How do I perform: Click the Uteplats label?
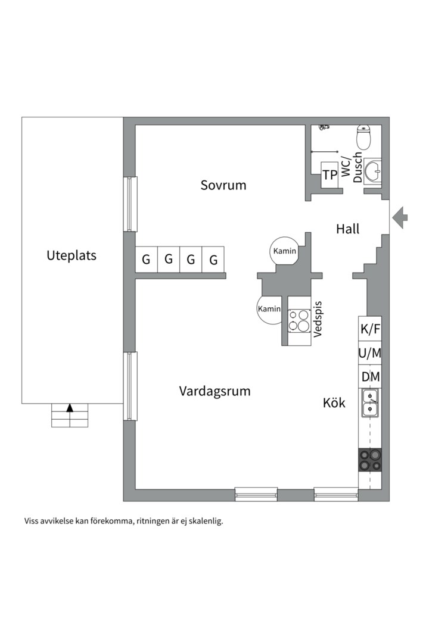point(71,255)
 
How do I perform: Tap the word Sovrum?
point(223,185)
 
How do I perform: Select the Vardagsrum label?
point(214,391)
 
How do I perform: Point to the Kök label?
point(334,402)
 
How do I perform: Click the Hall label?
point(347,229)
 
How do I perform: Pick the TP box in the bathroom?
point(329,174)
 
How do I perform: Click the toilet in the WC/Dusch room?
point(363,137)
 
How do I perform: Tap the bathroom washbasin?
point(373,171)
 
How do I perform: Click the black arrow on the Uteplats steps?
point(70,408)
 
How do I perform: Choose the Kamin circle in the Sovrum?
point(284,251)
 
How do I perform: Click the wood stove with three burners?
point(299,320)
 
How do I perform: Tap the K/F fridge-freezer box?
point(370,328)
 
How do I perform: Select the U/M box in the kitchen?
point(370,352)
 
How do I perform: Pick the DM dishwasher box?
point(370,377)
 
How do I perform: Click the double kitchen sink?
point(370,402)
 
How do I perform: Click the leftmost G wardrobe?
point(146,260)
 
